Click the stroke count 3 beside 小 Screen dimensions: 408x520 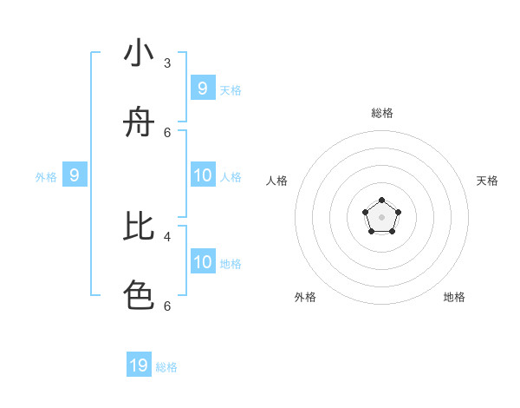[167, 63]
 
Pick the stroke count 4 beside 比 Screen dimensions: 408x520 [167, 235]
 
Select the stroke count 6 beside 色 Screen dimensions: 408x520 [167, 306]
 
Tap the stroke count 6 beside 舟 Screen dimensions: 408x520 [167, 132]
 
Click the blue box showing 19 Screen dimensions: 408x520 [139, 365]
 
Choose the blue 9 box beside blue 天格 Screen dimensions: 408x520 [203, 88]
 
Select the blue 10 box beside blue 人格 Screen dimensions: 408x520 [203, 175]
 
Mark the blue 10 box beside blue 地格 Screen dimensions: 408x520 [203, 262]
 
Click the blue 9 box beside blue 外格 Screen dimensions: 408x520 [75, 175]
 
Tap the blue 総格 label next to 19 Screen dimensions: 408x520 [166, 367]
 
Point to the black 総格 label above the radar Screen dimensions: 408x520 [382, 113]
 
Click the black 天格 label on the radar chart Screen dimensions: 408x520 [487, 181]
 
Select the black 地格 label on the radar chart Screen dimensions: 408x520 [454, 297]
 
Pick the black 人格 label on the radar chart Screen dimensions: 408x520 [276, 181]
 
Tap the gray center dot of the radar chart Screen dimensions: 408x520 [381, 217]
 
